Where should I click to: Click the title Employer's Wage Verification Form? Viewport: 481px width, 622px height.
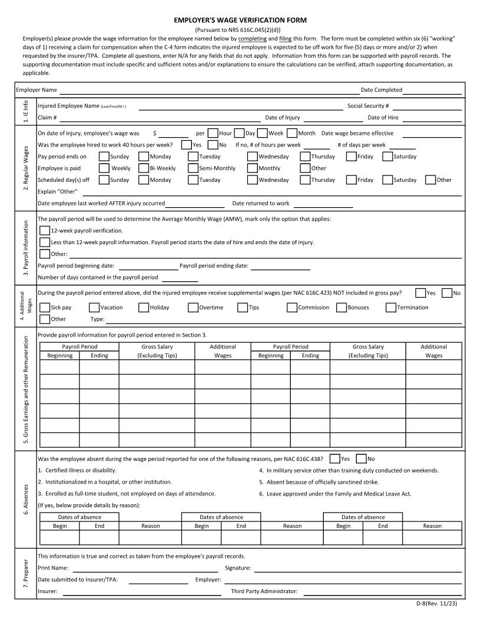tap(240, 20)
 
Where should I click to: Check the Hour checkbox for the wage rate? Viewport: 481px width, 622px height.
tap(213, 134)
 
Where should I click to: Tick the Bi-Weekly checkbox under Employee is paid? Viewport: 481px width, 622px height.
tap(144, 168)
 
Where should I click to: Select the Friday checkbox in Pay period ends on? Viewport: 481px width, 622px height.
tap(351, 157)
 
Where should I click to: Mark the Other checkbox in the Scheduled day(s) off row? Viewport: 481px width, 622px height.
tap(430, 180)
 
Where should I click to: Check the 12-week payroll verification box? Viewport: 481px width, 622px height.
tap(45, 231)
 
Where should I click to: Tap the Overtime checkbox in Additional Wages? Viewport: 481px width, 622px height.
tap(193, 307)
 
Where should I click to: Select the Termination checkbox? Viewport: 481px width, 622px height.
tap(391, 307)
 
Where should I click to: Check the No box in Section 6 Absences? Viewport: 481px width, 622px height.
tap(361, 458)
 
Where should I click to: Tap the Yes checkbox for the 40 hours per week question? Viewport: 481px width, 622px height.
tap(187, 145)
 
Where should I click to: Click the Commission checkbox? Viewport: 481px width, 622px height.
tap(292, 307)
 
